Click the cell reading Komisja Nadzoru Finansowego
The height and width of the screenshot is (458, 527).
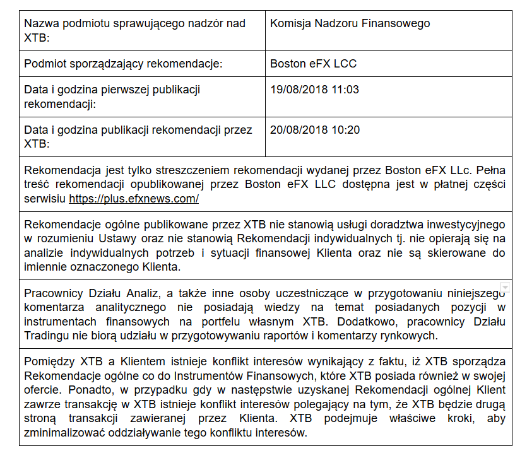coord(350,24)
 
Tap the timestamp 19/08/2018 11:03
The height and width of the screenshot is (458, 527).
coord(314,90)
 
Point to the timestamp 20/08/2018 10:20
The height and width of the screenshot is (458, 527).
coord(314,131)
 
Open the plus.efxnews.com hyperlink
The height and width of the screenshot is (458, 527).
coord(134,199)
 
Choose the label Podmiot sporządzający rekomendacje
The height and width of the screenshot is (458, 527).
coord(124,64)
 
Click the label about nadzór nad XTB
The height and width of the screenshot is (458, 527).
coord(134,30)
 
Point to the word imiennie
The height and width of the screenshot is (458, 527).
coord(44,267)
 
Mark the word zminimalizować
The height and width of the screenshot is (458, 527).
coord(62,433)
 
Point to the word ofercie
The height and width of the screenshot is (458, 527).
coord(41,390)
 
